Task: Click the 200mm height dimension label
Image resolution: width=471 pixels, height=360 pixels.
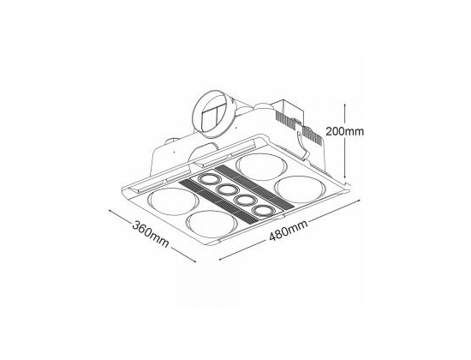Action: coord(345,131)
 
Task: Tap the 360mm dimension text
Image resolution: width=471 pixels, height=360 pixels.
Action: coord(151,234)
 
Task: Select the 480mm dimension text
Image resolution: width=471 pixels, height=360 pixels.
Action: coord(289,231)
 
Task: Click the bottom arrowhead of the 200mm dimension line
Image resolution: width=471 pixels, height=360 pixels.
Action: coord(345,177)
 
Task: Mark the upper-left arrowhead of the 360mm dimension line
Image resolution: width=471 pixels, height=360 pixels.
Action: coord(111,212)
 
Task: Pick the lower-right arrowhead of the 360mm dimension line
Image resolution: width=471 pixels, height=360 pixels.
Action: coord(193,260)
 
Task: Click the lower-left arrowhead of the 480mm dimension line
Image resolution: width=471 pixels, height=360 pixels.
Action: coord(222,258)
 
